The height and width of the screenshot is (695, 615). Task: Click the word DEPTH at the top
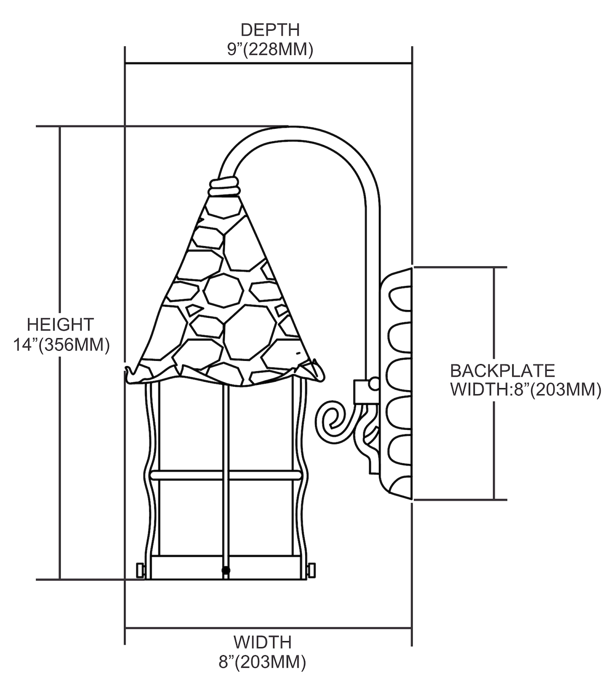point(270,30)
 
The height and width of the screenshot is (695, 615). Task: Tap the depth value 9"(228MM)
point(270,49)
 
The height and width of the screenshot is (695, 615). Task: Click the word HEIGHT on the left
point(60,324)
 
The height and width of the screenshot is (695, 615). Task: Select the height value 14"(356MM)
point(61,345)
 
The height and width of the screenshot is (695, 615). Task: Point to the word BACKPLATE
point(502,371)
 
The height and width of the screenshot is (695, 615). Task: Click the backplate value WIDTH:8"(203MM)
point(526,390)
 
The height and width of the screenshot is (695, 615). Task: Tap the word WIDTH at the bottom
point(262,642)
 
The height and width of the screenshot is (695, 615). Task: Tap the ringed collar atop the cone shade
point(224,189)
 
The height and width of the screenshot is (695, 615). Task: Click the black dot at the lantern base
point(226,569)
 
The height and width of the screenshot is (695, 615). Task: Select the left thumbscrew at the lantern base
point(139,569)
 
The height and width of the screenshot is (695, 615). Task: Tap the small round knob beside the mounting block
point(373,384)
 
